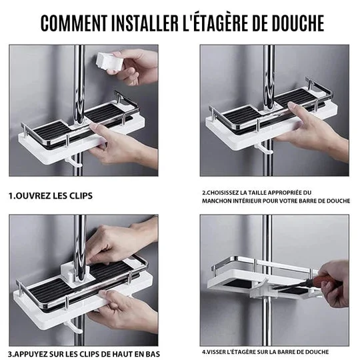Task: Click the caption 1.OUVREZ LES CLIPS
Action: (51, 196)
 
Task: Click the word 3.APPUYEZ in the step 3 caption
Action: (32, 353)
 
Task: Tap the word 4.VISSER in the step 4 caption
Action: (217, 351)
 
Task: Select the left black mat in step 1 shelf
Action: (50, 131)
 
